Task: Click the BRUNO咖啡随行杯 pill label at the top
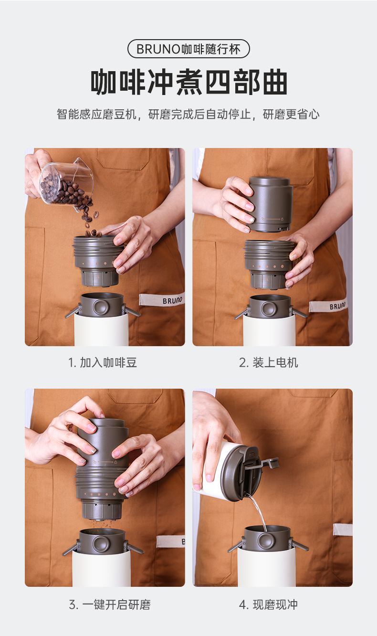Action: pyautogui.click(x=188, y=49)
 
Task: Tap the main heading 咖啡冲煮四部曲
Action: pyautogui.click(x=189, y=82)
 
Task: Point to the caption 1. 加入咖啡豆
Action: pyautogui.click(x=103, y=362)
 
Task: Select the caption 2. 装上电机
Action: pyautogui.click(x=268, y=362)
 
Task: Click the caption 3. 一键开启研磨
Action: pyautogui.click(x=110, y=604)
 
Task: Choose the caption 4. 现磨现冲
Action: pyautogui.click(x=268, y=604)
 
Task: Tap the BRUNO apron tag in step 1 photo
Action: pyautogui.click(x=162, y=299)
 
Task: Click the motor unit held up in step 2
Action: pyautogui.click(x=270, y=204)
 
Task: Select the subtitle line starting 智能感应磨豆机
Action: pyautogui.click(x=188, y=114)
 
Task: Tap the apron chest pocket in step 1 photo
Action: pyautogui.click(x=123, y=159)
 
